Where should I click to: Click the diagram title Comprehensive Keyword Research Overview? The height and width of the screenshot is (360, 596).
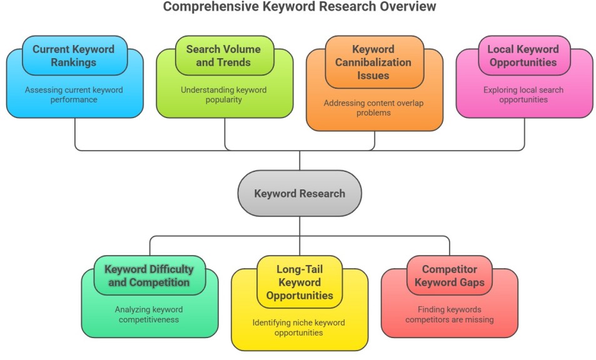299,7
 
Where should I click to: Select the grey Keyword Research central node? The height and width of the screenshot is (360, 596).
300,194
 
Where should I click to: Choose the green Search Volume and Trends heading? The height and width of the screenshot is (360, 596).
223,56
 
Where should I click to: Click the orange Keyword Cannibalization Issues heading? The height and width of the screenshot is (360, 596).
373,62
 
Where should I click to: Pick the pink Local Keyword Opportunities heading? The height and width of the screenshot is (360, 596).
523,56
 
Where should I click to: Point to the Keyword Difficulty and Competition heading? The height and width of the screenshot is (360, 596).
149,276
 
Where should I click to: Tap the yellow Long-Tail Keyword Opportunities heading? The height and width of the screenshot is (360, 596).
300,282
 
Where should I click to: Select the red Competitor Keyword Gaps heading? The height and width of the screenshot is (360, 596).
449,276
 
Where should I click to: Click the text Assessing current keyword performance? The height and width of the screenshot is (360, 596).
74,94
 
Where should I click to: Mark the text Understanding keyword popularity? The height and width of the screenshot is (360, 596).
223,94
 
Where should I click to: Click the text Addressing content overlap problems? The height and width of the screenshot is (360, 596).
373,107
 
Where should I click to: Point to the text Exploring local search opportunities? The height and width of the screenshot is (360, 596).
523,94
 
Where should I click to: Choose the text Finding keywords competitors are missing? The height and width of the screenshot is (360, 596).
449,314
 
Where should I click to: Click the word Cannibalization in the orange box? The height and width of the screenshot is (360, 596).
373,62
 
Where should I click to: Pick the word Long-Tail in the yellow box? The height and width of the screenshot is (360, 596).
300,269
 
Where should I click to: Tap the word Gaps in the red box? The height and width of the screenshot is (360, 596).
472,282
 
